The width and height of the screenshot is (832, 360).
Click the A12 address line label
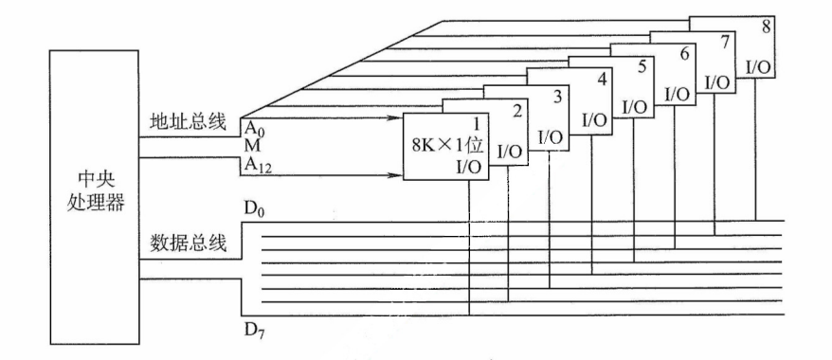pos(257,165)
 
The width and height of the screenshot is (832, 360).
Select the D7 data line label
pos(255,332)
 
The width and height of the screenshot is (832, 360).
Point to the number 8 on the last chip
pos(766,27)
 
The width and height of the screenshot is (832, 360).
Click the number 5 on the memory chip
pos(642,68)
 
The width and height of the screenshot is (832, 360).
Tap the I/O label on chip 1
pos(469,167)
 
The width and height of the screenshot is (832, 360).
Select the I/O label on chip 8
pos(759,67)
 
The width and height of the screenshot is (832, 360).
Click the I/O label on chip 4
pos(594,119)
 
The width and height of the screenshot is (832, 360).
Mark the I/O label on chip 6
pos(678,94)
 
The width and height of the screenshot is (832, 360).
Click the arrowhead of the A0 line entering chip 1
pos(396,118)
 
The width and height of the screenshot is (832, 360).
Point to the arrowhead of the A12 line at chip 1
pos(396,174)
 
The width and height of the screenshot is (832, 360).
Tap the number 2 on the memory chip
pos(517,112)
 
